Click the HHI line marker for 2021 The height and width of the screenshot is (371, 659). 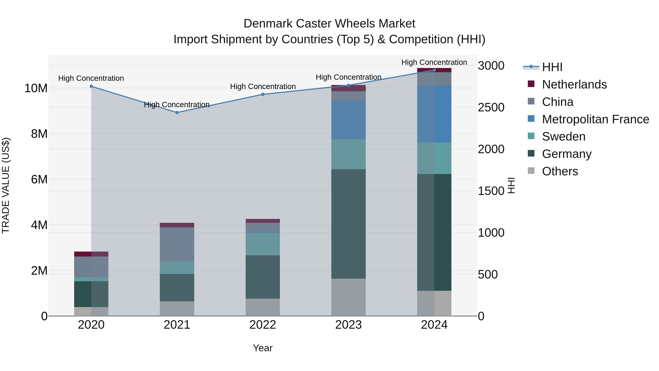(177, 112)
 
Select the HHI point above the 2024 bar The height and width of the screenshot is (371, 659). (434, 70)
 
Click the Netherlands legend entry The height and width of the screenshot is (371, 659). (574, 84)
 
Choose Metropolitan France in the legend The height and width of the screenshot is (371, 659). (595, 119)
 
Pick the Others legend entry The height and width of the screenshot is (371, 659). (560, 171)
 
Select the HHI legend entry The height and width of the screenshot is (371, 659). (552, 67)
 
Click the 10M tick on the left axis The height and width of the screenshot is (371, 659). (36, 88)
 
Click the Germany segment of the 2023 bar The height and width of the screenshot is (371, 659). (348, 224)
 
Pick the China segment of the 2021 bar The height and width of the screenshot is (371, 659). (177, 244)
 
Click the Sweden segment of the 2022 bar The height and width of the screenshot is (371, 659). (263, 244)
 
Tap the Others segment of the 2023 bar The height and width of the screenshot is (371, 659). (348, 297)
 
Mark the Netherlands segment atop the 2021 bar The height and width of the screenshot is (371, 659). (177, 225)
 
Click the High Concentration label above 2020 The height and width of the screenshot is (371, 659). (91, 78)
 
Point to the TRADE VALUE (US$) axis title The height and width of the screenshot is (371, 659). (6, 185)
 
